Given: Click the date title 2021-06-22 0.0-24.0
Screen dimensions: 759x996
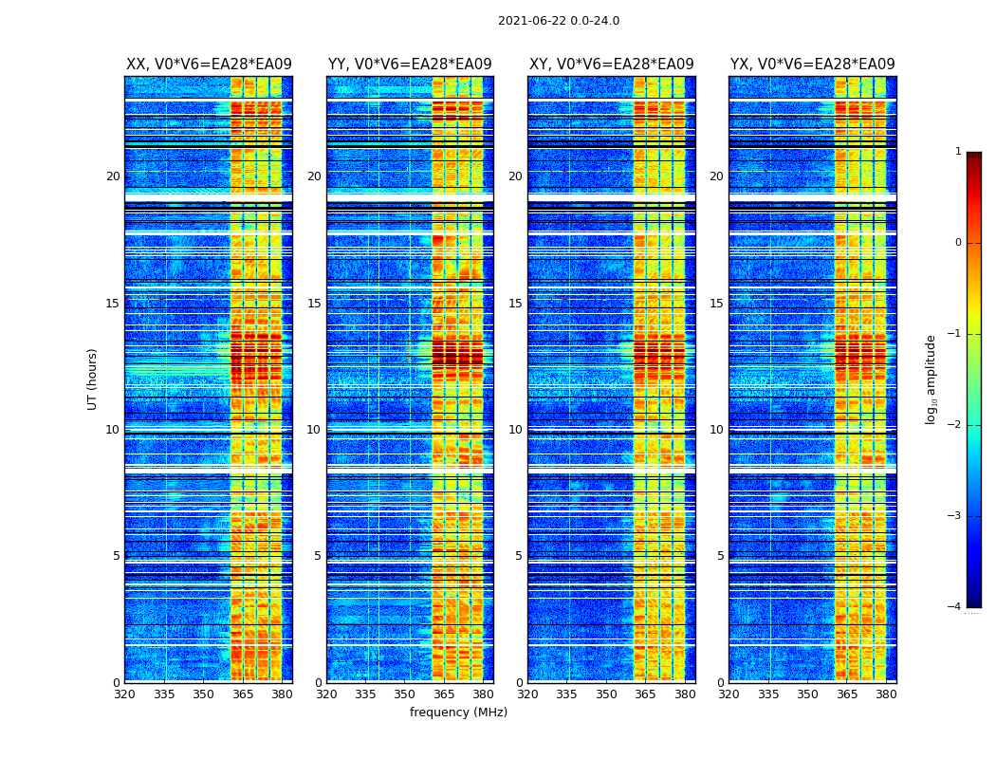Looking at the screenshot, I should point(558,21).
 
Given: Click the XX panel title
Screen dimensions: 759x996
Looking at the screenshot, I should point(209,65).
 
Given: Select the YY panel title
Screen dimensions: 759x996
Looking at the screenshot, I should point(410,65).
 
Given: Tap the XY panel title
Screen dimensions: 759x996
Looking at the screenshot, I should point(611,65).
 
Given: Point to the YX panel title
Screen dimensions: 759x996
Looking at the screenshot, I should point(812,65).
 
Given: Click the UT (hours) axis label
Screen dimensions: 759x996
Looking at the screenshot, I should point(93,379).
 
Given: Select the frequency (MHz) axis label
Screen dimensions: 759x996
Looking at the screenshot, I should point(458,713).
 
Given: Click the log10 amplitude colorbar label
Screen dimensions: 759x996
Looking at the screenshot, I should point(931,379).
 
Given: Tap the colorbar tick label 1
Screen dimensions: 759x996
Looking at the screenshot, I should point(958,152).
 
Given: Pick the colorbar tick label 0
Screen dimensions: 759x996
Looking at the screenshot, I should point(958,243).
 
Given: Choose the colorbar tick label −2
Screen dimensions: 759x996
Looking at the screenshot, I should point(956,425).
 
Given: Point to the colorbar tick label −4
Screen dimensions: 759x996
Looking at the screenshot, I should point(956,607).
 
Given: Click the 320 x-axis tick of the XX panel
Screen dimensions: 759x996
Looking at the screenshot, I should point(125,694).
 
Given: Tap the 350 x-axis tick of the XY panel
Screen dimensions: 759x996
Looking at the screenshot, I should point(606,694).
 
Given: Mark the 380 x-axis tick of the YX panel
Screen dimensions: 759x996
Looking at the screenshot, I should point(886,694).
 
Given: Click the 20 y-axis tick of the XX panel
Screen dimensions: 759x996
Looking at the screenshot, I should point(113,176).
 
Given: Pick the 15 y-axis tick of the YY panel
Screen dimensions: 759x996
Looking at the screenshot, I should point(314,304).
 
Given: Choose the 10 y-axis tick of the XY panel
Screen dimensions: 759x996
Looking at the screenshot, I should point(515,430).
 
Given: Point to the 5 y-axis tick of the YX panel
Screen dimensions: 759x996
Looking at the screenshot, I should point(720,556).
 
